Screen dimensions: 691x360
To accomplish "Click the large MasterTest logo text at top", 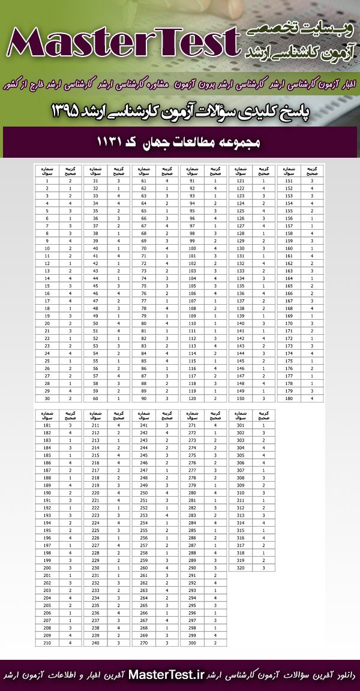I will coord(123,43).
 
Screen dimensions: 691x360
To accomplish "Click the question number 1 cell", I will coord(47,180).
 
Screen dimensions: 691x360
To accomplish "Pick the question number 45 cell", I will coord(95,286).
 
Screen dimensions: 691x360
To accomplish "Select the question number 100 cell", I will coord(192,248).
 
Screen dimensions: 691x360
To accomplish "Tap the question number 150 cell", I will coord(241,398).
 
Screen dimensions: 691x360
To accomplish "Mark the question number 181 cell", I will coord(47,425).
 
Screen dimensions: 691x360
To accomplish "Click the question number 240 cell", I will coord(95,643).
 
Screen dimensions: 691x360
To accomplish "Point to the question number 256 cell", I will coord(144,537).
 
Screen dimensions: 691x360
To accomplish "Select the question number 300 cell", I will coord(192,643).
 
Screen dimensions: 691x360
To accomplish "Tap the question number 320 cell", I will coord(241,567).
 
